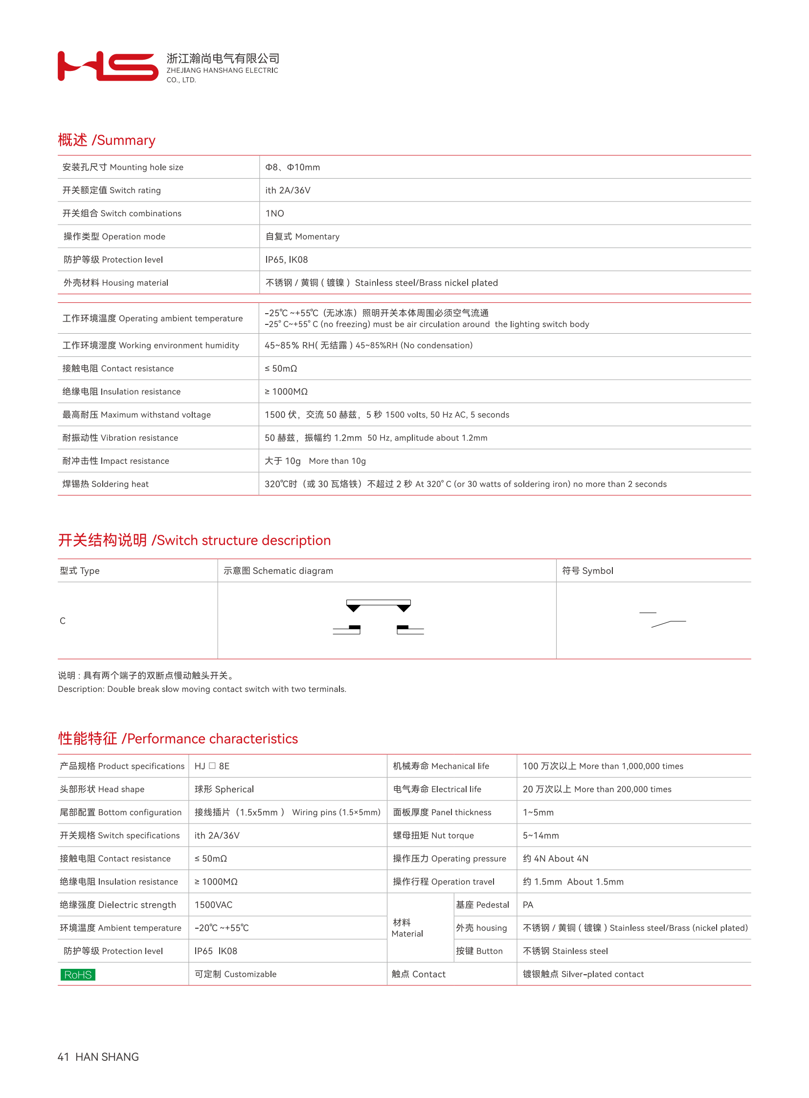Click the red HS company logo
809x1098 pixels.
[x=108, y=66]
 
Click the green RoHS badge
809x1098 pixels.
[x=77, y=974]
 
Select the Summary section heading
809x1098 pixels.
[x=106, y=140]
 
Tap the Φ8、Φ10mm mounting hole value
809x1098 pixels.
[x=292, y=167]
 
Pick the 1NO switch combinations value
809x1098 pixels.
[x=274, y=213]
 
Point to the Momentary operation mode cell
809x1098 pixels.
[x=302, y=236]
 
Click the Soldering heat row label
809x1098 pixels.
[x=105, y=483]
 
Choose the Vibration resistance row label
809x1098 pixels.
[x=120, y=437]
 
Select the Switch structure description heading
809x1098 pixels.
[x=194, y=540]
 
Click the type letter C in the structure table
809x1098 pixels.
[x=63, y=621]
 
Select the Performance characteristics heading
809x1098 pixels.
[x=178, y=738]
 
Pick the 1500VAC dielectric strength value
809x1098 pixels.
[x=213, y=904]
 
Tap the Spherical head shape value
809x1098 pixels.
[x=224, y=789]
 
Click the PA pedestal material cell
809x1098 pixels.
[x=528, y=904]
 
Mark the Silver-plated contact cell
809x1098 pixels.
[x=583, y=974]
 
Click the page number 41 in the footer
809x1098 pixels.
[x=63, y=1057]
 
